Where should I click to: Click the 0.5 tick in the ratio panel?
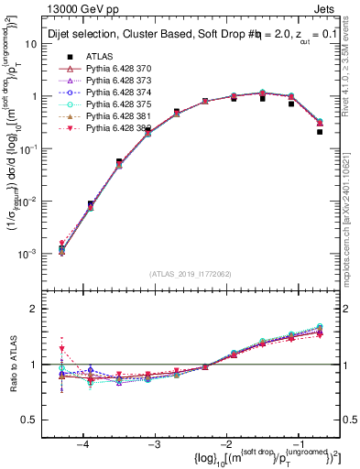click(x=39, y=420)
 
